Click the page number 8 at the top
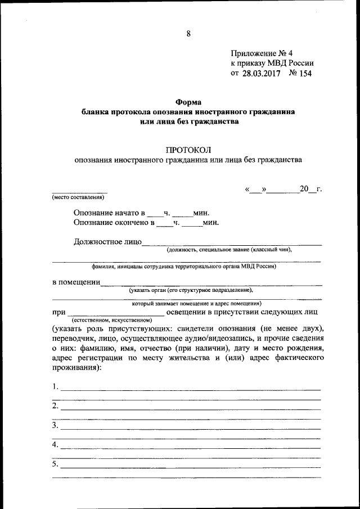[x=188, y=34]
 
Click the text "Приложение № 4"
[x=261, y=52]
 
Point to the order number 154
[x=305, y=73]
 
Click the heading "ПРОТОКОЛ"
[x=188, y=149]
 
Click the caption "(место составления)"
[x=78, y=197]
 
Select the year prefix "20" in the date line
[x=305, y=188]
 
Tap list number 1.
[x=55, y=386]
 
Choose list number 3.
[x=55, y=426]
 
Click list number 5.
[x=55, y=465]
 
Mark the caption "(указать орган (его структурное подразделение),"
[x=191, y=290]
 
